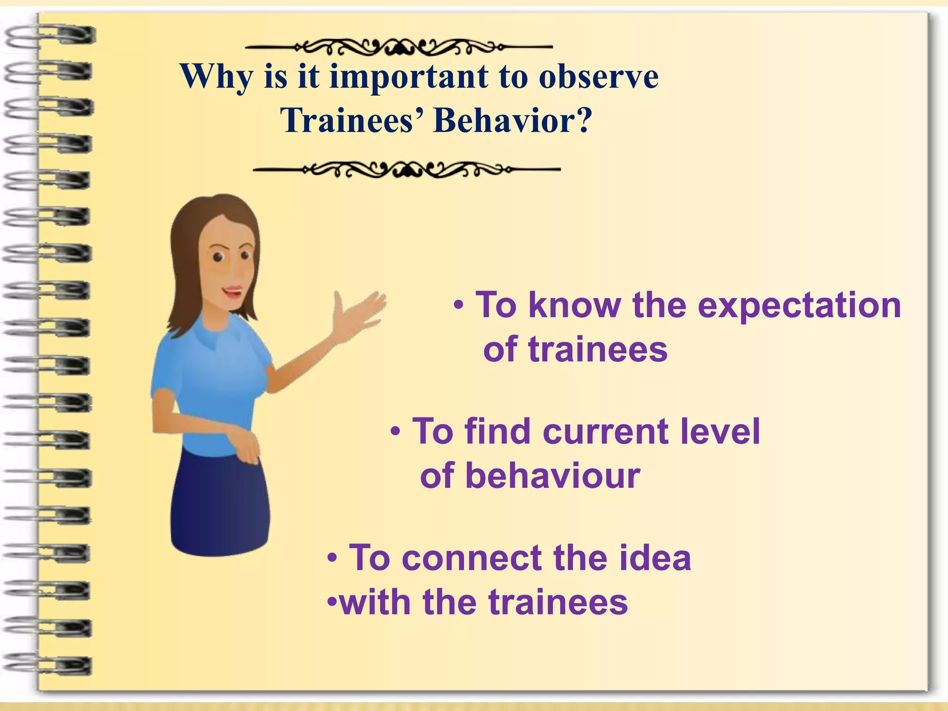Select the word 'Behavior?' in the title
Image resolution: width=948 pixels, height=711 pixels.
click(x=512, y=121)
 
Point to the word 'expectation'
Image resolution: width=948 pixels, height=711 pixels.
click(x=799, y=306)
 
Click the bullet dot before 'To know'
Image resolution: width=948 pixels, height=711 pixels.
click(x=458, y=306)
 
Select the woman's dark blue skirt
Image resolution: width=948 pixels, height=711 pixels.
click(x=220, y=505)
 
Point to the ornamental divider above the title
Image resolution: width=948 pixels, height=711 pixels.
click(x=399, y=47)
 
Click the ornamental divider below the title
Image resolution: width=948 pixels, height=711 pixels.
click(x=406, y=170)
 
